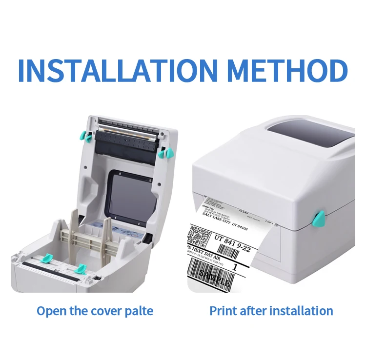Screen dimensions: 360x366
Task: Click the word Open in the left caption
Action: (x=50, y=311)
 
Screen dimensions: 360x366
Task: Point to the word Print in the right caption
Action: (x=223, y=311)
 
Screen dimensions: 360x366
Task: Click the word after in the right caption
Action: (x=252, y=311)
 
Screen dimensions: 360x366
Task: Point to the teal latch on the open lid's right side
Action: (x=165, y=153)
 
